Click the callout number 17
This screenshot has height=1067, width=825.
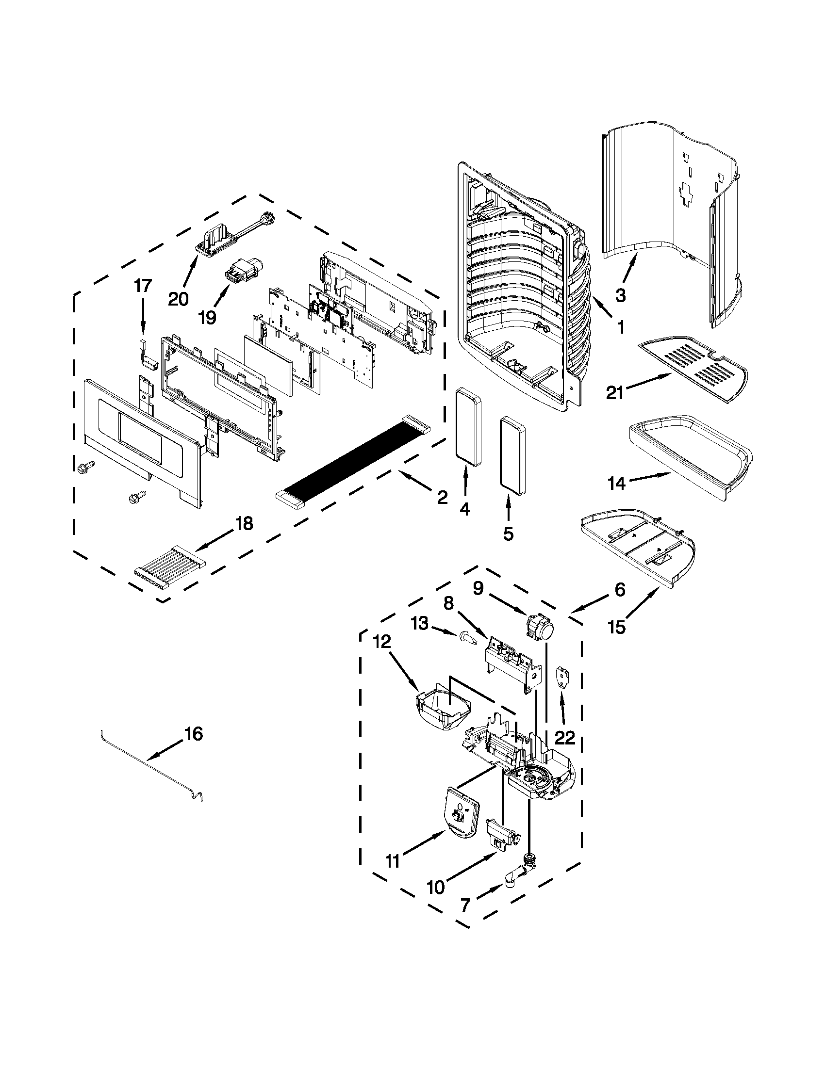[x=143, y=286]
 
